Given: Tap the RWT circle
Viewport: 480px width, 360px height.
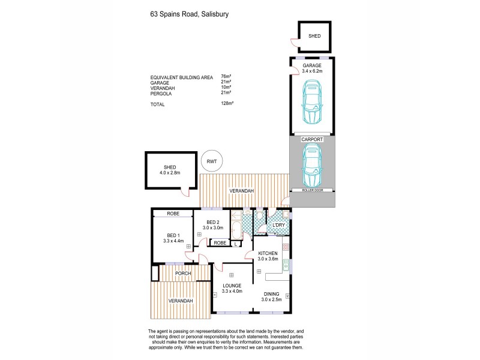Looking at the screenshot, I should click(211, 160).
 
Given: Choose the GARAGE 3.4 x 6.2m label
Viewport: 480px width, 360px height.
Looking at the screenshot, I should click(312, 68).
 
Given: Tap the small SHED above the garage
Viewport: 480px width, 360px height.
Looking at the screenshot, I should click(314, 36).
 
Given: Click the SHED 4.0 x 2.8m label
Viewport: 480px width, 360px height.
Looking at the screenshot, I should click(170, 170).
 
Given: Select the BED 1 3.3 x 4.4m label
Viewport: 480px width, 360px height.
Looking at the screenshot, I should click(172, 238).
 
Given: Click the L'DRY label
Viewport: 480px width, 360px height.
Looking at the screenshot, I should click(278, 225).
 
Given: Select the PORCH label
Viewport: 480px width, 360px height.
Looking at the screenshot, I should click(182, 274).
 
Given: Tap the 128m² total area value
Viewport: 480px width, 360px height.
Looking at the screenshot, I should click(227, 104).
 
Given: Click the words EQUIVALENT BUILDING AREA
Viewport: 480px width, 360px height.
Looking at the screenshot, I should click(181, 77).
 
